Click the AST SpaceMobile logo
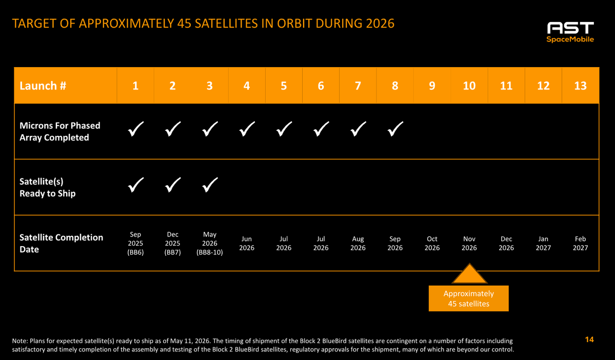click(x=570, y=32)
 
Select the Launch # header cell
click(x=66, y=86)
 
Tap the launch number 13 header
click(x=580, y=86)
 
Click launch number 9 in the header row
click(x=432, y=86)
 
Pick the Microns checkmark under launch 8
click(x=395, y=129)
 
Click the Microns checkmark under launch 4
click(x=247, y=129)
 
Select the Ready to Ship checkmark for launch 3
click(x=210, y=185)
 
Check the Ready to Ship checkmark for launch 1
click(x=136, y=185)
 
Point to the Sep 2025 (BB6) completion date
click(x=135, y=244)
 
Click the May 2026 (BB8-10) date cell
click(x=210, y=244)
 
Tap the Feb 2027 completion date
click(x=581, y=244)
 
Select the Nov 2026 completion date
click(x=469, y=244)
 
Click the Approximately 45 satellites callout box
click(x=469, y=298)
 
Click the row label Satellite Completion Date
click(x=61, y=244)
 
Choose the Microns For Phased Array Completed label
click(x=60, y=131)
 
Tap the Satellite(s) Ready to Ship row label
click(x=48, y=188)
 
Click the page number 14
click(x=589, y=339)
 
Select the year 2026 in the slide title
click(x=380, y=24)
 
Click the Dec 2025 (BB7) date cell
click(x=172, y=244)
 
